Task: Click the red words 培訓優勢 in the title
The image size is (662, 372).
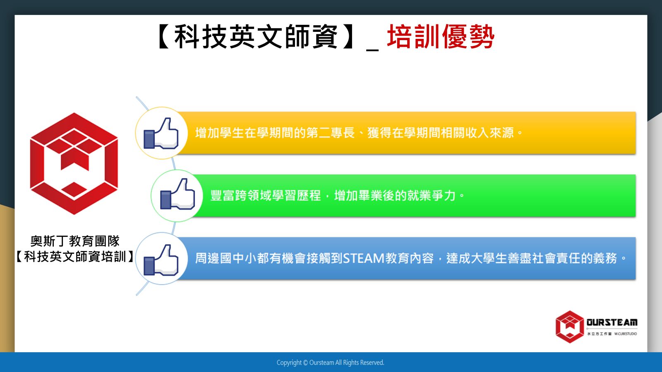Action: coord(441,37)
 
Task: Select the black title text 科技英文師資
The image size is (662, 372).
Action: coord(256,37)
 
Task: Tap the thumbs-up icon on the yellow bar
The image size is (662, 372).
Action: coord(161,133)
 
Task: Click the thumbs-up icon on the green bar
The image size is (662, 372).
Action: coord(177,194)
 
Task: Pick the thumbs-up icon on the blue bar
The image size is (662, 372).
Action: coord(161,260)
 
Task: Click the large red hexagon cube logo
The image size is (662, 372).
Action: coord(74,164)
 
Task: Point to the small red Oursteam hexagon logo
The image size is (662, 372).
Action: coord(569,327)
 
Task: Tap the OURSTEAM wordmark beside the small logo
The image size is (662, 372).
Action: coord(612,322)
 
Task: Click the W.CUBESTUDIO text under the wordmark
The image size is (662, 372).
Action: coord(626,334)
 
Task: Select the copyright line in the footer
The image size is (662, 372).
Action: coord(331,362)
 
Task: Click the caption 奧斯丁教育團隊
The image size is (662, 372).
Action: coord(75,241)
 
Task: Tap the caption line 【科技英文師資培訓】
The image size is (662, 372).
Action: coord(75,257)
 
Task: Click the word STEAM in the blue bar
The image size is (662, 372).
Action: coord(364,259)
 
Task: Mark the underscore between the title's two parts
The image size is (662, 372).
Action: coord(372,50)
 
